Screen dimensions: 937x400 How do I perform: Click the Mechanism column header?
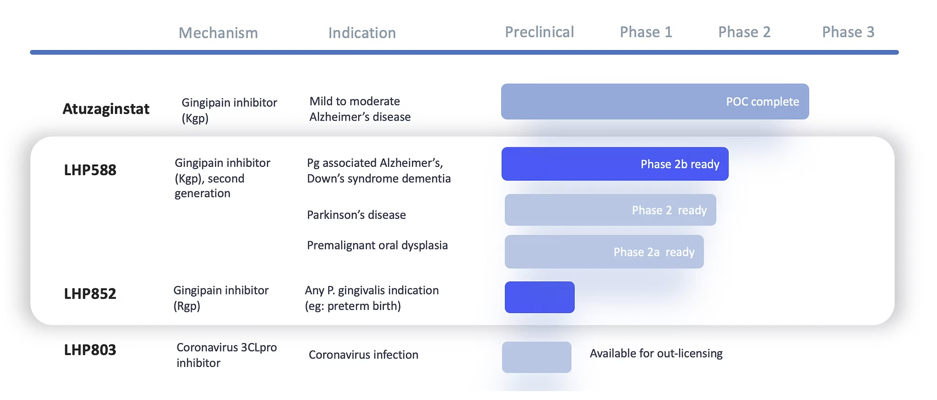[x=218, y=33]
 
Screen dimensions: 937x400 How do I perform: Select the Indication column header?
[x=362, y=33]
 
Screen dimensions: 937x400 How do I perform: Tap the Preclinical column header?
[x=539, y=32]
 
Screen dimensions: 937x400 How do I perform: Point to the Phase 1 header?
[x=646, y=32]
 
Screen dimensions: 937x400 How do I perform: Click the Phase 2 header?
[x=744, y=32]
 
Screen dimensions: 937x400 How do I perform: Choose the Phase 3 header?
[x=848, y=32]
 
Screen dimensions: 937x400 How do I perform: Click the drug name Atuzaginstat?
[x=106, y=109]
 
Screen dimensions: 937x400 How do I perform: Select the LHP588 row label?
[x=90, y=170]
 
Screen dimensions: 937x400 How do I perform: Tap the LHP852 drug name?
[x=90, y=293]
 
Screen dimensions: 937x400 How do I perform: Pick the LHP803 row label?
[x=90, y=350]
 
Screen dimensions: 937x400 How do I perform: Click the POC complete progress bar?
[x=654, y=101]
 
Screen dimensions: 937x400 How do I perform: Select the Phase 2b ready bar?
[x=615, y=164]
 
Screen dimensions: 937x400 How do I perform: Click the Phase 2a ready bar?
[x=604, y=252]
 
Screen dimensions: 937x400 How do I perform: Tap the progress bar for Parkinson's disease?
[x=610, y=210]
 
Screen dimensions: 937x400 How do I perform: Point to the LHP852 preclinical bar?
[x=539, y=297]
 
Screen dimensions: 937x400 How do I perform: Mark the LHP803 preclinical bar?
[x=536, y=357]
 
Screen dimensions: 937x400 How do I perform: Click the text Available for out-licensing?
[x=656, y=353]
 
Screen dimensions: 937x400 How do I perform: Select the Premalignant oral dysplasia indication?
[x=377, y=245]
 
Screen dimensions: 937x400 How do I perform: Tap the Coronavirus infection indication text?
[x=363, y=355]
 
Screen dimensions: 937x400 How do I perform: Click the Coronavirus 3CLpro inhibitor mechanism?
[x=227, y=355]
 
